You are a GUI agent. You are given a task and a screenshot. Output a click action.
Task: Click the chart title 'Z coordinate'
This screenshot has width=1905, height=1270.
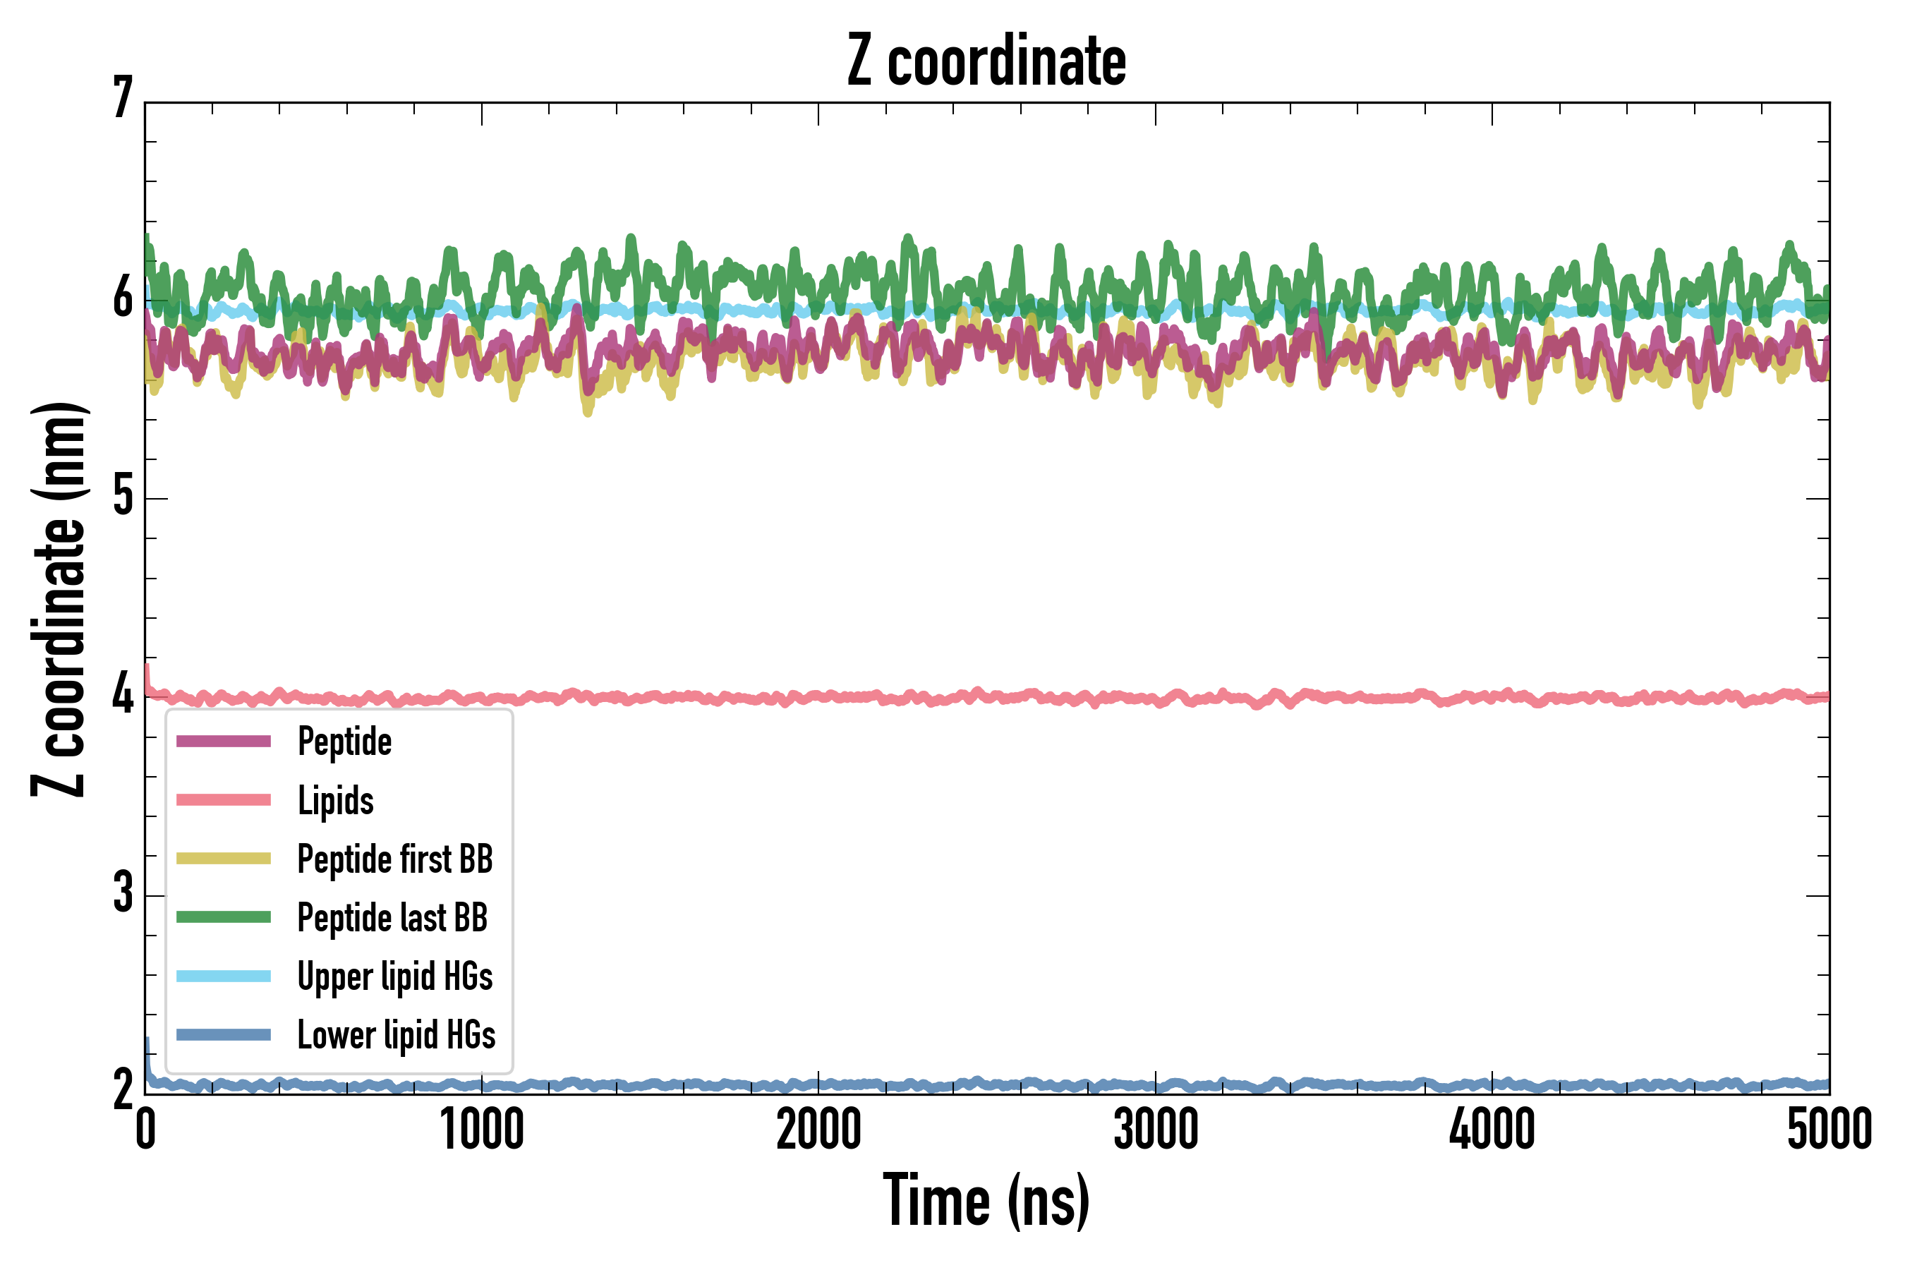(986, 61)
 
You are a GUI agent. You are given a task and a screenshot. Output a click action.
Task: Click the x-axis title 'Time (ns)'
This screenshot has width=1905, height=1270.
(986, 1200)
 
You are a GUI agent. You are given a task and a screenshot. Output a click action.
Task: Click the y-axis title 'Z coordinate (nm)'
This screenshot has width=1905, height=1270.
(59, 599)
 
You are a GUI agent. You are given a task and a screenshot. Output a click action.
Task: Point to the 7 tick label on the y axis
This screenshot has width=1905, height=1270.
(123, 99)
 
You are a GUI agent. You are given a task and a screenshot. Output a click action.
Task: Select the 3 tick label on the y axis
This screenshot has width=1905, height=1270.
(123, 893)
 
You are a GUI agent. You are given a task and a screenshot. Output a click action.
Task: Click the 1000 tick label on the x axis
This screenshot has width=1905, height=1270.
(482, 1130)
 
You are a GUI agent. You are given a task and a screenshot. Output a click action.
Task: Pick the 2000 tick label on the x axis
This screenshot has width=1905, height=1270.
(818, 1130)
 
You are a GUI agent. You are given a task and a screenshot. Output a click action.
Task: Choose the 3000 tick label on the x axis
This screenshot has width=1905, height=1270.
(1156, 1130)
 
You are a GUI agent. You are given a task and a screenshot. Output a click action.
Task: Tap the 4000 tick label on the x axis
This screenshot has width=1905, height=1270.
(1492, 1130)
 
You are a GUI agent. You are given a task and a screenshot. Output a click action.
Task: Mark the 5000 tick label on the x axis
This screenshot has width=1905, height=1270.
(1829, 1130)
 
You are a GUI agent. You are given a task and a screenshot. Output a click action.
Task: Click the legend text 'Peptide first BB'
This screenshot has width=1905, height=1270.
(395, 859)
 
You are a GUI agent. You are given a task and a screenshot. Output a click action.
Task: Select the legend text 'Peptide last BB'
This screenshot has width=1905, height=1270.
(393, 918)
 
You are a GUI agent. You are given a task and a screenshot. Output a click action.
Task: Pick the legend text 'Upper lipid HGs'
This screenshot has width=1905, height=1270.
(395, 976)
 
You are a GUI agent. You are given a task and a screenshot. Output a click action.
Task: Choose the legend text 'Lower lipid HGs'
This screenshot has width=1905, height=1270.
(396, 1035)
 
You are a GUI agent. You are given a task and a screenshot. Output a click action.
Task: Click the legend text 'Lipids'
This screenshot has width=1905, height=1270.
(336, 800)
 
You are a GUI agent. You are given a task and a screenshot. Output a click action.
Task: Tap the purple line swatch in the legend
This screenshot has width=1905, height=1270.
(224, 741)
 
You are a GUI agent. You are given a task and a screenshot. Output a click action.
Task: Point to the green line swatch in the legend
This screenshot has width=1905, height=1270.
(224, 917)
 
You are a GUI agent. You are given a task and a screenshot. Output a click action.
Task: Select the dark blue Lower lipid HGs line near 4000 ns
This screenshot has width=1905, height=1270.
(1492, 1084)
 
